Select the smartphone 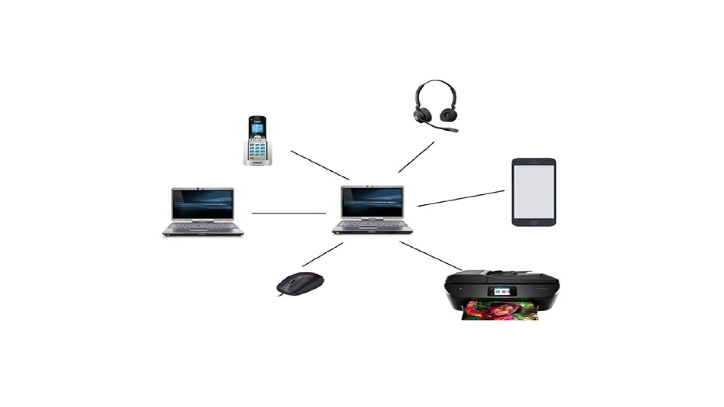(x=534, y=192)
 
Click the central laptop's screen (x=372, y=202)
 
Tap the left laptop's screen (x=203, y=204)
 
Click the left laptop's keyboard (x=203, y=226)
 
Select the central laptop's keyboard (x=372, y=224)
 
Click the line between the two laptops (x=288, y=213)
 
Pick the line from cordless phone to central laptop (x=320, y=165)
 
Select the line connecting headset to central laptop (x=416, y=157)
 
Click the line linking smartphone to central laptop (x=461, y=199)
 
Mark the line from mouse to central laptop (x=323, y=254)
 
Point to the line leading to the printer (x=431, y=256)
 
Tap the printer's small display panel (x=502, y=291)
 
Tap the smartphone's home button (x=534, y=223)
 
